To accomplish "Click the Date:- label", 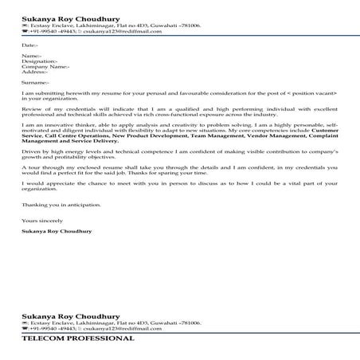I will [x=28, y=45].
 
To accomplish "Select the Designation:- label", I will [x=39, y=61].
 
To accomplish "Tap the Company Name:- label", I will [x=45, y=67].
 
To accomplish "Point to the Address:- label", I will [x=37, y=72].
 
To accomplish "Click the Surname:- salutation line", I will [x=35, y=82].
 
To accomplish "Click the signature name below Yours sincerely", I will [x=55, y=231].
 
